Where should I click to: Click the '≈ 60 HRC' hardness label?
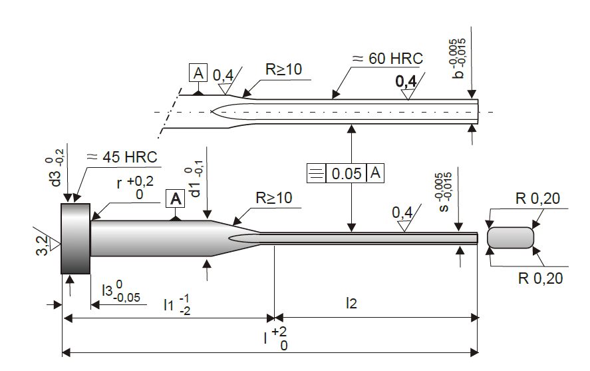[x=388, y=59]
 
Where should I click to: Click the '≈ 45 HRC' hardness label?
[x=122, y=157]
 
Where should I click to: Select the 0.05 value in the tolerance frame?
[x=346, y=174]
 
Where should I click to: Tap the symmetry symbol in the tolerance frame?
[x=316, y=174]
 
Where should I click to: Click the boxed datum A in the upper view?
[x=198, y=73]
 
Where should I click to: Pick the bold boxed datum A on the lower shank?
[x=176, y=199]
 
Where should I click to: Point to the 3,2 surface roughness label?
[x=42, y=245]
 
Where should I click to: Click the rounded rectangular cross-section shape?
[x=510, y=238]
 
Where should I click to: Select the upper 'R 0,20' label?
[x=537, y=198]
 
